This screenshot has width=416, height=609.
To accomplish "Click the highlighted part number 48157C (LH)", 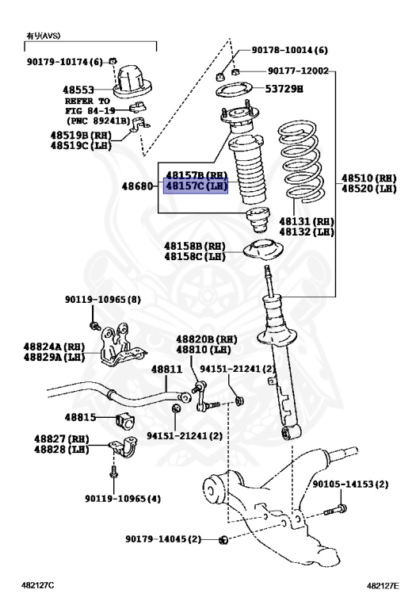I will click(x=196, y=186).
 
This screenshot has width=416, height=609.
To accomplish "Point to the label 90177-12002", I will click(x=297, y=71).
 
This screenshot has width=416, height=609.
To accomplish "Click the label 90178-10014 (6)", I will click(x=289, y=49).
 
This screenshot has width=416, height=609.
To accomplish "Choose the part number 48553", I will click(x=80, y=90).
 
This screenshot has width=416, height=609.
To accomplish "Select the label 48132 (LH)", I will click(x=311, y=232).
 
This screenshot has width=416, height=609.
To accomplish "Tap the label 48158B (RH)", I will click(x=195, y=246).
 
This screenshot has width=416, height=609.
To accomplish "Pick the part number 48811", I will click(x=166, y=370).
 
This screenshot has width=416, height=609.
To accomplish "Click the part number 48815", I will click(x=81, y=416).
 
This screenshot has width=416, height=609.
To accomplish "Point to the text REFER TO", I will click(x=87, y=101).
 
